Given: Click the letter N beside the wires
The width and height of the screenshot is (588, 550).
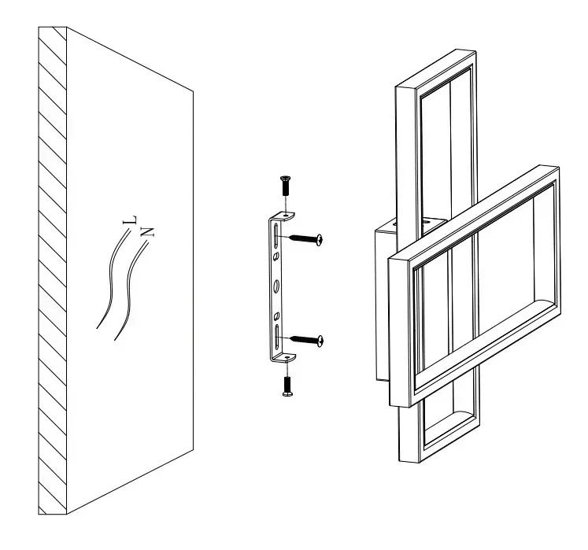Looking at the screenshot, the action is pos(147,231).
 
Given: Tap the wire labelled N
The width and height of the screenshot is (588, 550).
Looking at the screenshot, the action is pos(129,290).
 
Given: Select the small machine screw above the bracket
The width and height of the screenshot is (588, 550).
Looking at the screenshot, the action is pos(286,185).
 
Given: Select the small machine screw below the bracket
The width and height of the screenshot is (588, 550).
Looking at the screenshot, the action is pos(287,386).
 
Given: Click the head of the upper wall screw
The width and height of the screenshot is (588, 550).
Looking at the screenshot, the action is pos(320,239).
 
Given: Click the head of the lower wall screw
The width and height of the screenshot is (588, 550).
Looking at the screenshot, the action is pos(320,341).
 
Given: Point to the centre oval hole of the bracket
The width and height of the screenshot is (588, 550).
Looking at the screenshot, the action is pos(277,286).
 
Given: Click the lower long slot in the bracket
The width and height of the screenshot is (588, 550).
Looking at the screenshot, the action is pos(277,337).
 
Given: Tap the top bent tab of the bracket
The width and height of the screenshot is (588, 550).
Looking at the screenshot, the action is pos(283,216).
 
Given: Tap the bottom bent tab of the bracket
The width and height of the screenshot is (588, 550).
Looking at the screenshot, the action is pos(285,358).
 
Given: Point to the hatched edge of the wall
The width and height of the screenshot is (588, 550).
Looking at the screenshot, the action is pos(53,270).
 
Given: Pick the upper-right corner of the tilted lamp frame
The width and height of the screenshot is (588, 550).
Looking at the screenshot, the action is pos(559,168).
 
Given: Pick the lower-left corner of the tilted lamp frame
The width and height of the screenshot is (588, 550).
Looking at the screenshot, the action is pos(390,405).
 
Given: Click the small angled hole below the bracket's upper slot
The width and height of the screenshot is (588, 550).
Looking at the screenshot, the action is pos(276,257).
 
